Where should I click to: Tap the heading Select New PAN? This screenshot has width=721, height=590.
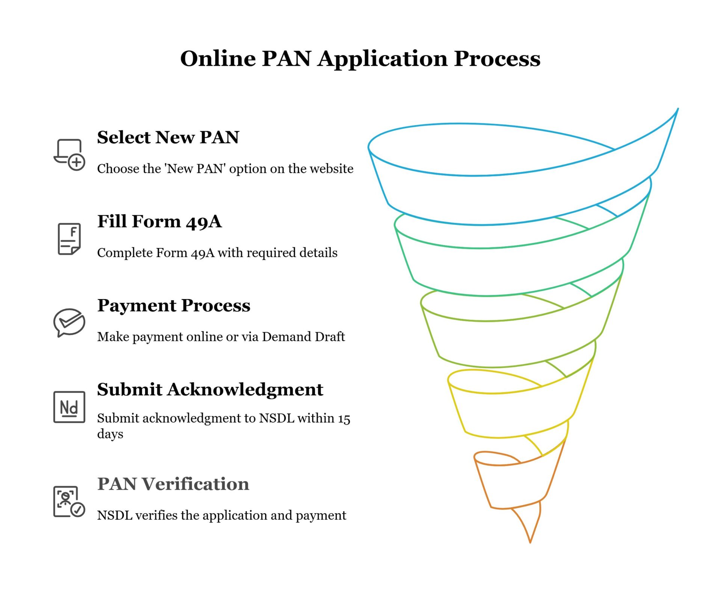pos(168,137)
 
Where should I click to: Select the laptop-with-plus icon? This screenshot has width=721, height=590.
pos(69,154)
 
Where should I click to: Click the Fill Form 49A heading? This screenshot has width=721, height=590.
pos(159,221)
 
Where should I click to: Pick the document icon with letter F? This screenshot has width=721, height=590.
pos(69,239)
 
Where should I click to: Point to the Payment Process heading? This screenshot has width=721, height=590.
pos(173,305)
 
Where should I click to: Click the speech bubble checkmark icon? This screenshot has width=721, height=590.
pos(69,322)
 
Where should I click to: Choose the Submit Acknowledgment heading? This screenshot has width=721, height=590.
pos(210,389)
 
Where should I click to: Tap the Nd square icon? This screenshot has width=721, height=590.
pos(69,407)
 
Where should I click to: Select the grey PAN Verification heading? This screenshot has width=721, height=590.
pos(173,484)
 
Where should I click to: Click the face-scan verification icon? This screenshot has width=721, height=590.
pos(69,501)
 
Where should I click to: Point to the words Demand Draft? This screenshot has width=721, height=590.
pos(303,337)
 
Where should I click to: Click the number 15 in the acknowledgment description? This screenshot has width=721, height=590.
pos(344,419)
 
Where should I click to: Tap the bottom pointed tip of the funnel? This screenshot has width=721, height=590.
pos(530,542)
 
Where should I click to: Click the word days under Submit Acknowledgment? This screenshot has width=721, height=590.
pos(110,434)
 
